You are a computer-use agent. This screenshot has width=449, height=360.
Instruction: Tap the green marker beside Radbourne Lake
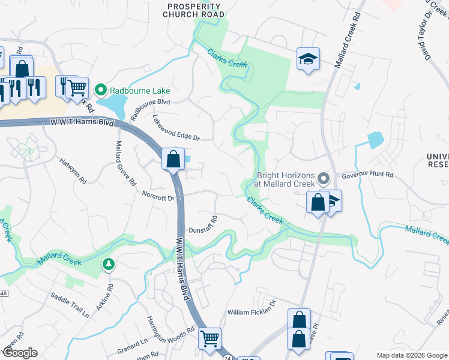pos(101,91)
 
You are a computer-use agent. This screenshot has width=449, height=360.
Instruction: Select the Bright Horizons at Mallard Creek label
pos(286,179)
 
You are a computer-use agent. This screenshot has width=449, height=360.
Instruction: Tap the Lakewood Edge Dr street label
pos(175,128)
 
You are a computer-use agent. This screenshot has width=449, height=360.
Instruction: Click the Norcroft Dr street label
pos(158,196)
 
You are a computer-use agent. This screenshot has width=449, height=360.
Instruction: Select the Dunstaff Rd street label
pos(202,224)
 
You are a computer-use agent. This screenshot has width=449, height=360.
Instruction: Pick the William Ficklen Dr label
pos(251,313)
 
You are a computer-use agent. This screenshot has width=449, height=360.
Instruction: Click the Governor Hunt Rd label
pos(367,175)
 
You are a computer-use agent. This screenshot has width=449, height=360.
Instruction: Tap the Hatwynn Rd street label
pos(74,170)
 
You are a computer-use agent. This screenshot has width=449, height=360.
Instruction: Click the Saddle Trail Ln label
pos(70,305)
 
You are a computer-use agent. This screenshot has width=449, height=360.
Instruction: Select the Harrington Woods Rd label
pos(170,329)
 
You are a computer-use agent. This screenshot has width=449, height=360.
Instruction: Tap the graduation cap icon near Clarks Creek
pos(308,59)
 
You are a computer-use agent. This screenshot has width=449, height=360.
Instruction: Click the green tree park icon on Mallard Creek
pos(108,264)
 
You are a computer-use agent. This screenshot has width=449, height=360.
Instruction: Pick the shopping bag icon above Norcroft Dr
pos(173,160)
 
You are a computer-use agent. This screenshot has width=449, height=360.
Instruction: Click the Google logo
pos(19,353)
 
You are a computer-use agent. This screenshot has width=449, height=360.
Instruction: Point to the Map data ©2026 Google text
pos(411,355)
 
